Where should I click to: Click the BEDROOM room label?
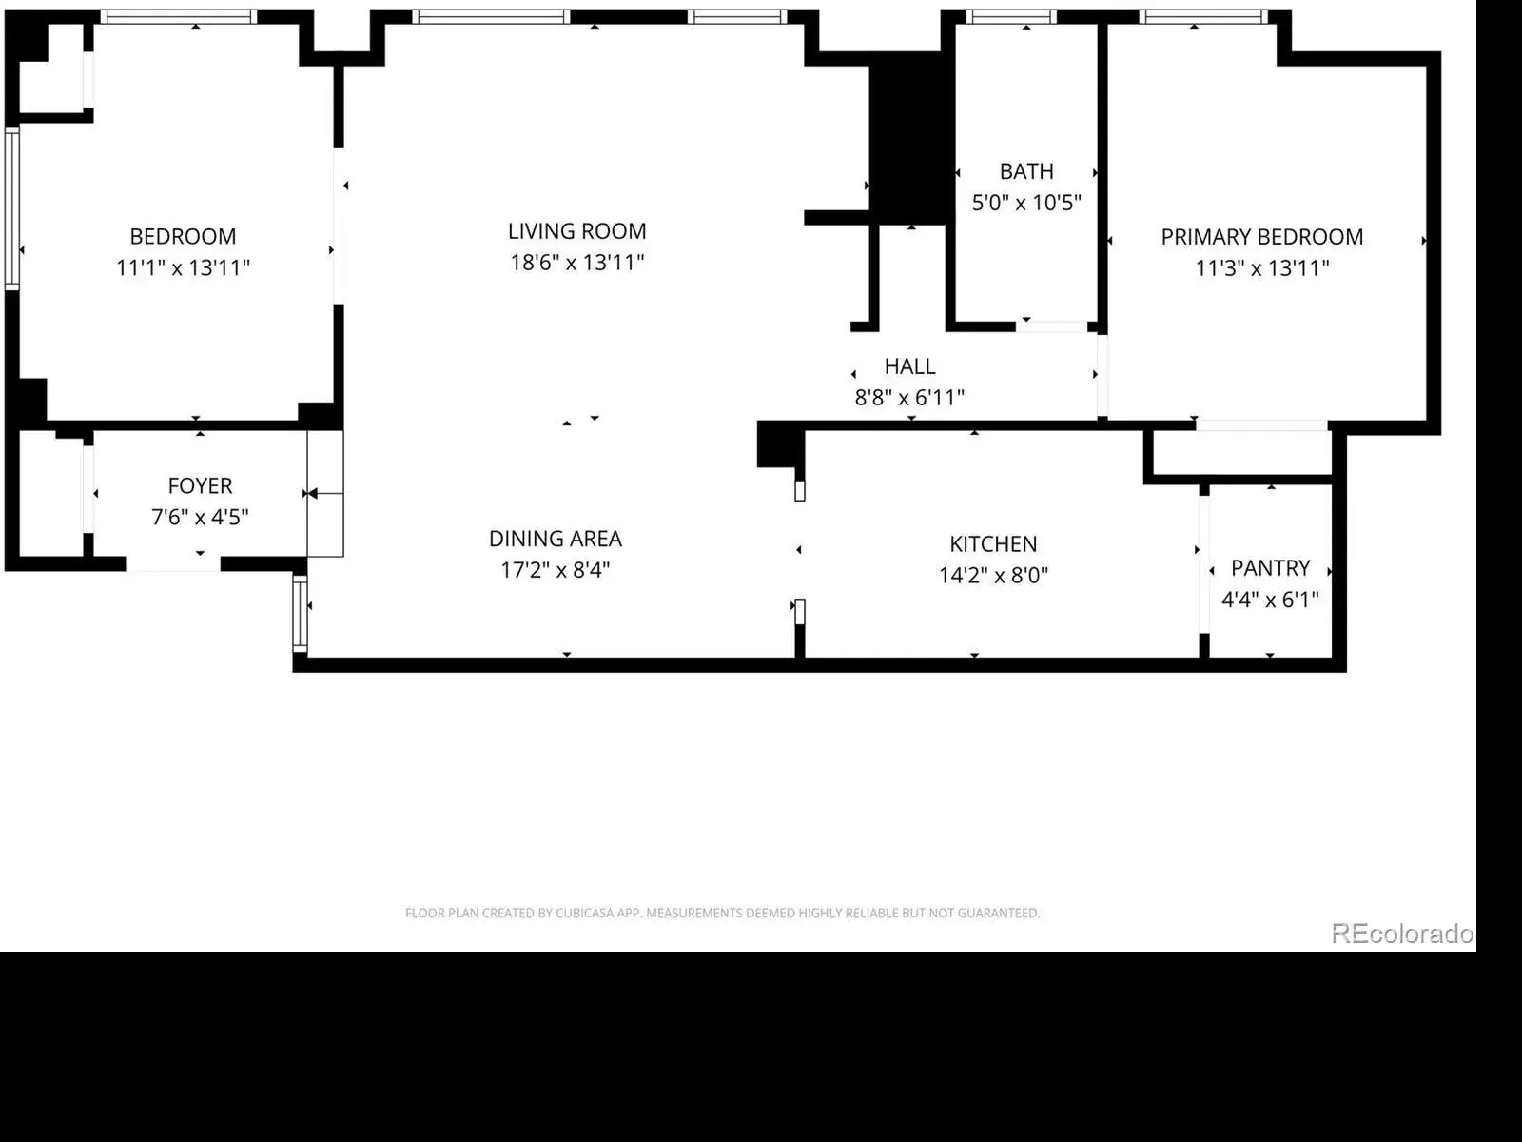tap(183, 236)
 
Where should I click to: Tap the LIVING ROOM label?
tap(576, 231)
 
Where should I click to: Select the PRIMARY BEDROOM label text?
tap(1262, 237)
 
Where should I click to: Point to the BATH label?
tap(1026, 171)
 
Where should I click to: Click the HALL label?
tap(909, 366)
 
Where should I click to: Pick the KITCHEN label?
tap(993, 544)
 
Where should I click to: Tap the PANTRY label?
tap(1270, 568)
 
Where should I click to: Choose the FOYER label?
tap(200, 486)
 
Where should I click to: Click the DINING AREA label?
tap(556, 539)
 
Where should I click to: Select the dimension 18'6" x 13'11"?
tap(576, 263)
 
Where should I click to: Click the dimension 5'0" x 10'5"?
tap(1026, 203)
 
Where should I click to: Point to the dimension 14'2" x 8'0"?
tap(993, 576)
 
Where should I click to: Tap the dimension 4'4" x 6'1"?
tap(1270, 600)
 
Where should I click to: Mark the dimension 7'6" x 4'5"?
tap(200, 518)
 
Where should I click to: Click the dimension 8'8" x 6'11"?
tap(909, 398)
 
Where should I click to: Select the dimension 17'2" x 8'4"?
tap(556, 570)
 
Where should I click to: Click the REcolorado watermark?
tap(1402, 934)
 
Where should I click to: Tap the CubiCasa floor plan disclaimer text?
tap(723, 914)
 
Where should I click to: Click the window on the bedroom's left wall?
tap(11, 208)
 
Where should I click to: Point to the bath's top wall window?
tap(1012, 17)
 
